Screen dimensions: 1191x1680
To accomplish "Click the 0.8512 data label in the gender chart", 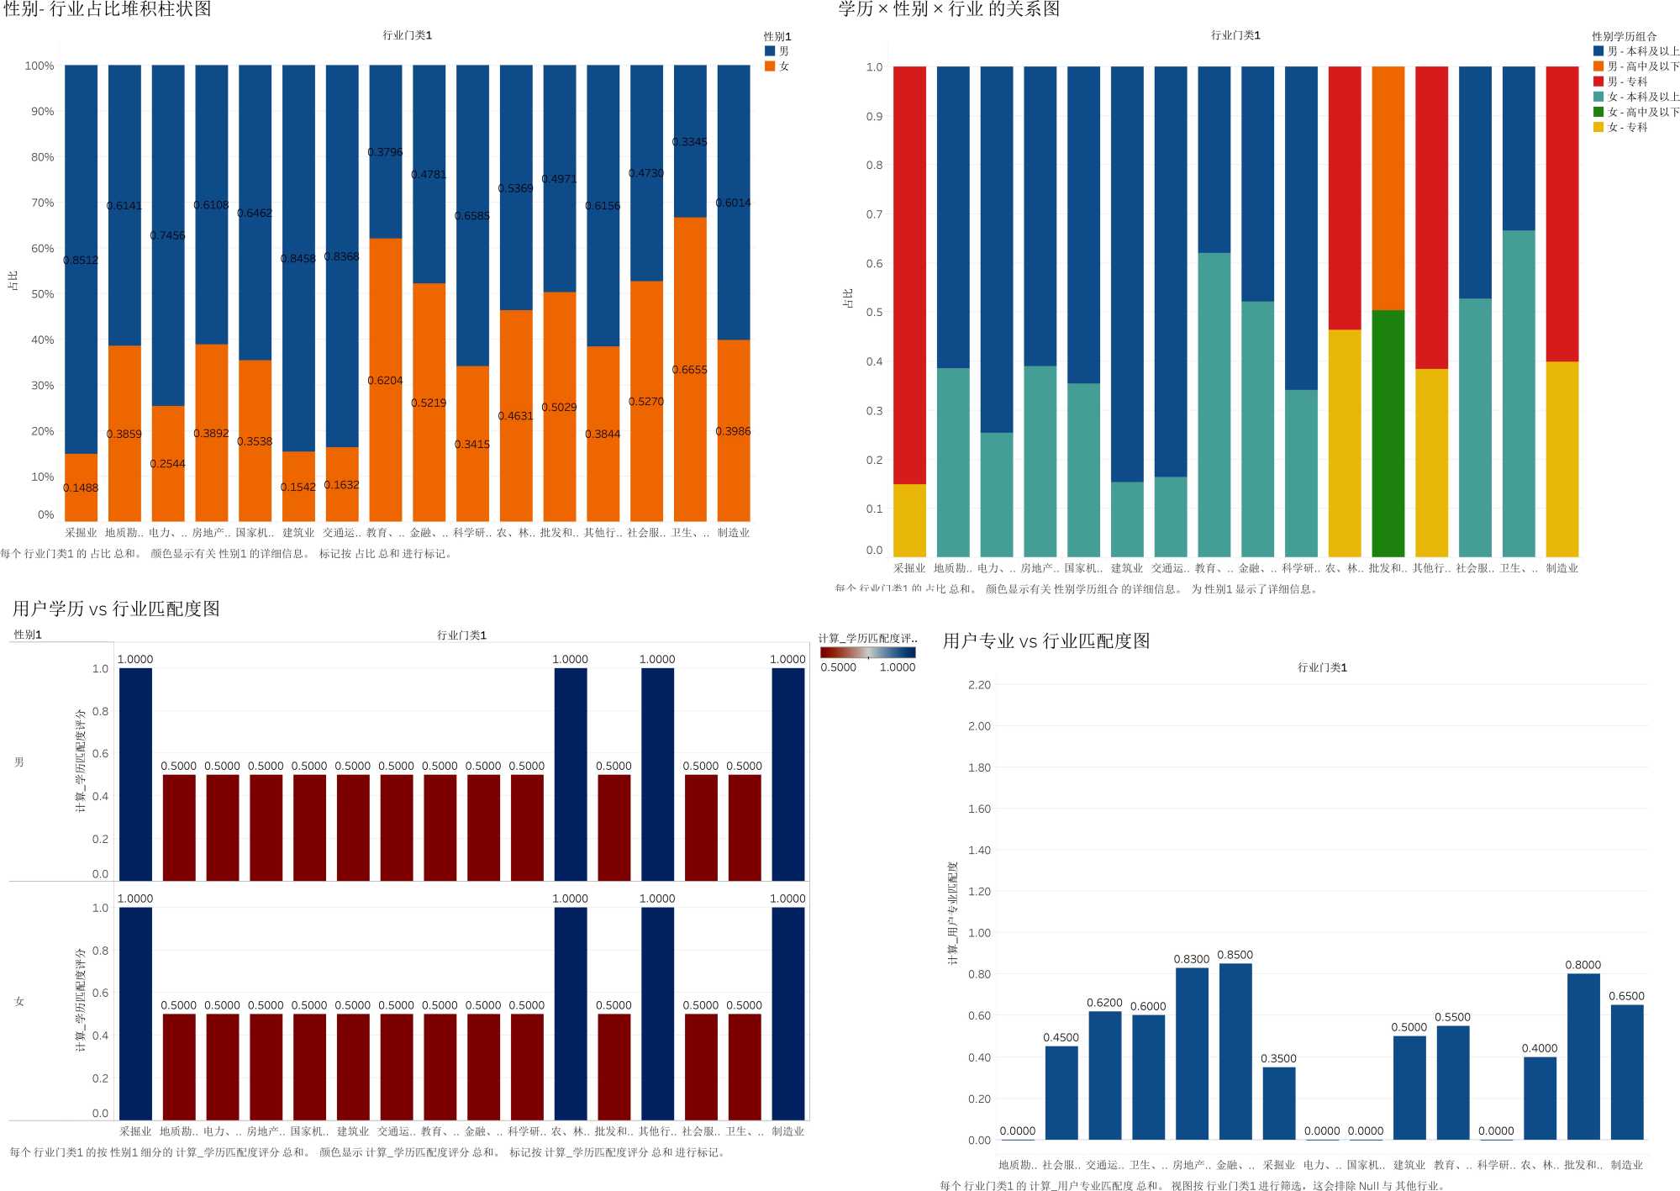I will click(x=81, y=261).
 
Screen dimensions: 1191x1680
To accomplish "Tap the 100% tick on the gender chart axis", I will click(x=39, y=66).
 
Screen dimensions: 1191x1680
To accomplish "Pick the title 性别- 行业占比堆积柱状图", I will click(x=108, y=9).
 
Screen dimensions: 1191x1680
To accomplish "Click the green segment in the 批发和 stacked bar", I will click(x=1388, y=433).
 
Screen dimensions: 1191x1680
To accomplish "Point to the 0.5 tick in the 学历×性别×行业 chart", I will click(x=875, y=312).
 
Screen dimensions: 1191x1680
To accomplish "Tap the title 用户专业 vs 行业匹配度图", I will click(x=1045, y=640).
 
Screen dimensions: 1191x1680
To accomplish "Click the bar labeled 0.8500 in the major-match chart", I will click(x=1235, y=1051).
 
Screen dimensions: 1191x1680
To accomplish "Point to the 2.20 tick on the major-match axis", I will click(x=979, y=685).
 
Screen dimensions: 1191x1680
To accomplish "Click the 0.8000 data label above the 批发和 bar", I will click(x=1583, y=965).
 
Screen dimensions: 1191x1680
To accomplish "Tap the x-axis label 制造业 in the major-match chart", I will click(x=1626, y=1165).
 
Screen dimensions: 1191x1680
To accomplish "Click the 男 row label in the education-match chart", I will click(x=19, y=762).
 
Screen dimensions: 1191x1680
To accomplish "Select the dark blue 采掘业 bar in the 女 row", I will click(x=135, y=1013).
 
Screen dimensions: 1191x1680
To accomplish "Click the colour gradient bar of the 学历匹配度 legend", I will click(x=867, y=652).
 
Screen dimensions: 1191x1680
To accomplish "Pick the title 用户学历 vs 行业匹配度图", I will click(x=116, y=609).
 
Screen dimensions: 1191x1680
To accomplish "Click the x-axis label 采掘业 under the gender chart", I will click(x=81, y=533).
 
